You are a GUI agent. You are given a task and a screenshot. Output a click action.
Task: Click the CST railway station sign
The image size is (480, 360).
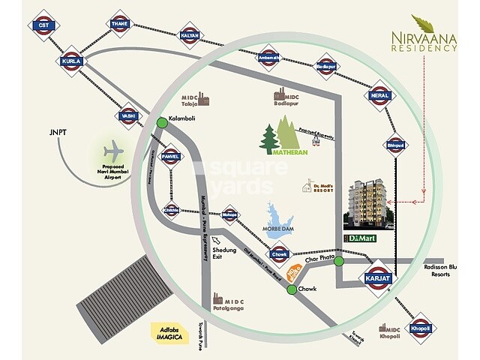tap(43, 25)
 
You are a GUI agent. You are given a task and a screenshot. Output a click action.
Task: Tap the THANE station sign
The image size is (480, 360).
tap(119, 24)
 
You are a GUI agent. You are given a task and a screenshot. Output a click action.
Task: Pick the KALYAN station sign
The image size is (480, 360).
tap(190, 35)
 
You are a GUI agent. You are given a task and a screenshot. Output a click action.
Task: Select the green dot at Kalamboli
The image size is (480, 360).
tap(162, 122)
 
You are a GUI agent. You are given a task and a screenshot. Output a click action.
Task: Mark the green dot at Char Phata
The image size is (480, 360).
tap(339, 262)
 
